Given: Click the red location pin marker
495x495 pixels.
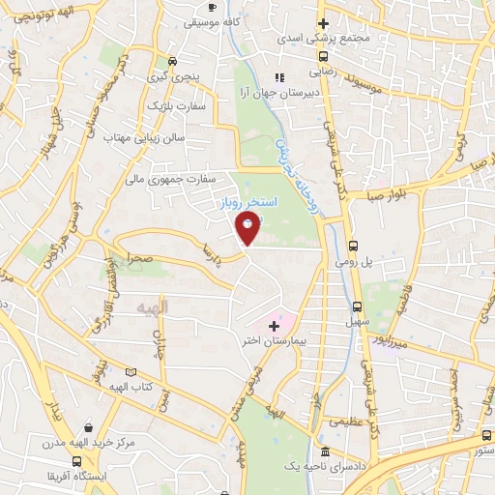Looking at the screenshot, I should tap(247, 228).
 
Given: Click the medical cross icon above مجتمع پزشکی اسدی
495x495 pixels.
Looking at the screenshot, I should tap(324, 23).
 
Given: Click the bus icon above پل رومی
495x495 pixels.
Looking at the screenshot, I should tap(353, 246).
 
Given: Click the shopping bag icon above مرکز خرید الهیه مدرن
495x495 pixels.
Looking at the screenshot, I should tap(89, 426).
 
